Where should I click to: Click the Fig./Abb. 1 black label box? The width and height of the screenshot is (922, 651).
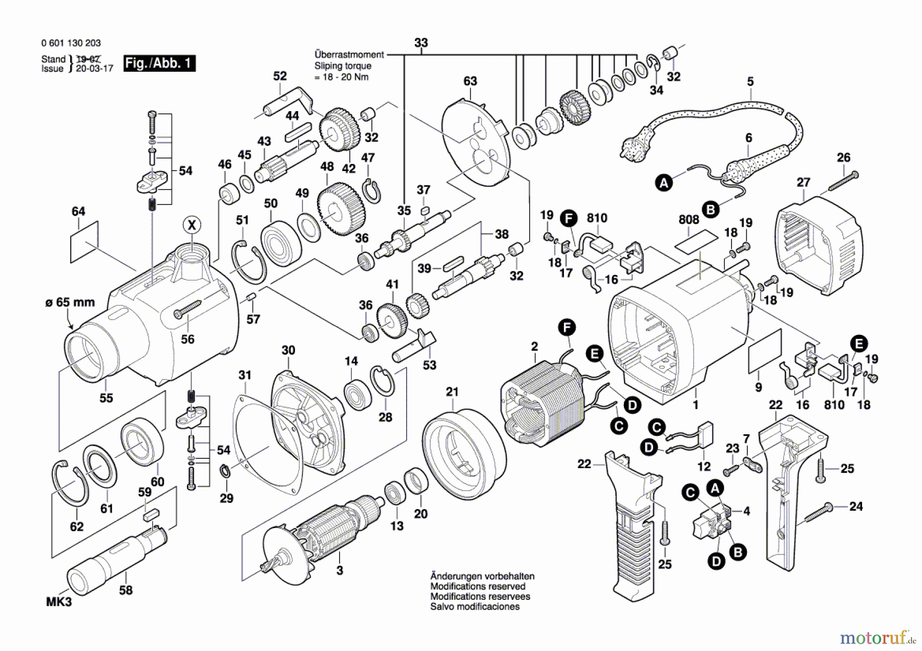[x=159, y=64]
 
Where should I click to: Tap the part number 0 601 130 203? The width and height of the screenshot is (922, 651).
[x=71, y=44]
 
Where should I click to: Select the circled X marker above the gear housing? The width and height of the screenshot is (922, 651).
[x=192, y=225]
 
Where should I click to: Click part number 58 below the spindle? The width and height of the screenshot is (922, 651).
[x=125, y=590]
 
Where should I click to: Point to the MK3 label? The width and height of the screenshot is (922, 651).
[x=59, y=602]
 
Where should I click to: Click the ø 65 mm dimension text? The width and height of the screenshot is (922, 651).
[x=70, y=302]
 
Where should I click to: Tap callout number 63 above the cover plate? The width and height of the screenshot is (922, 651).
[x=470, y=81]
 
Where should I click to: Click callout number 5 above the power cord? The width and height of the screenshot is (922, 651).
[x=750, y=81]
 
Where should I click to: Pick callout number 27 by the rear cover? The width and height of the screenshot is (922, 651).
[x=804, y=182]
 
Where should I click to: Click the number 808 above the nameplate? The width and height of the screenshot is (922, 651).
[x=689, y=219]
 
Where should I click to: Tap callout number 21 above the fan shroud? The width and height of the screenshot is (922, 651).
[x=452, y=392]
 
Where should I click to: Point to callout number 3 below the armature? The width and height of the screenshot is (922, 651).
[x=340, y=570]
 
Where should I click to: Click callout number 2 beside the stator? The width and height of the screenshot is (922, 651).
[x=534, y=347]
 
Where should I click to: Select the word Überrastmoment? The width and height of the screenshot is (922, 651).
[x=349, y=55]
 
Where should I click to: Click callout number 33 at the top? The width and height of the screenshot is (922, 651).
[x=421, y=43]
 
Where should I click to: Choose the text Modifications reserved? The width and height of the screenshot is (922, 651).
[x=478, y=586]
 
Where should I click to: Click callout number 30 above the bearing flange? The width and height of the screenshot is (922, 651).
[x=288, y=350]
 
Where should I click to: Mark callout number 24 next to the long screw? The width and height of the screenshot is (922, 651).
[x=856, y=507]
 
